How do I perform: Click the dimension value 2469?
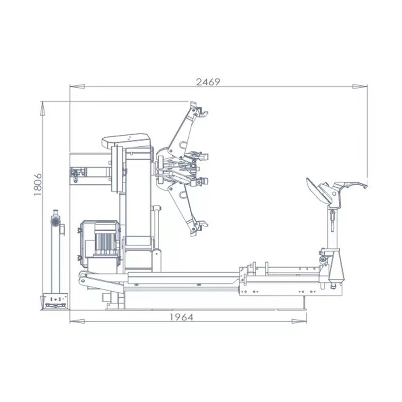click(x=208, y=82)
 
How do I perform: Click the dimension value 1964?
click(x=181, y=318)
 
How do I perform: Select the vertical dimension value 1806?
click(x=38, y=185)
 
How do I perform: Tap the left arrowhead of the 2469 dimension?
click(x=77, y=86)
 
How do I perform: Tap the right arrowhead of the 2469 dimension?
click(x=360, y=86)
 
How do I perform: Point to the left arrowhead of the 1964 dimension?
click(x=77, y=321)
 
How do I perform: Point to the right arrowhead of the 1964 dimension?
click(x=299, y=321)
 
